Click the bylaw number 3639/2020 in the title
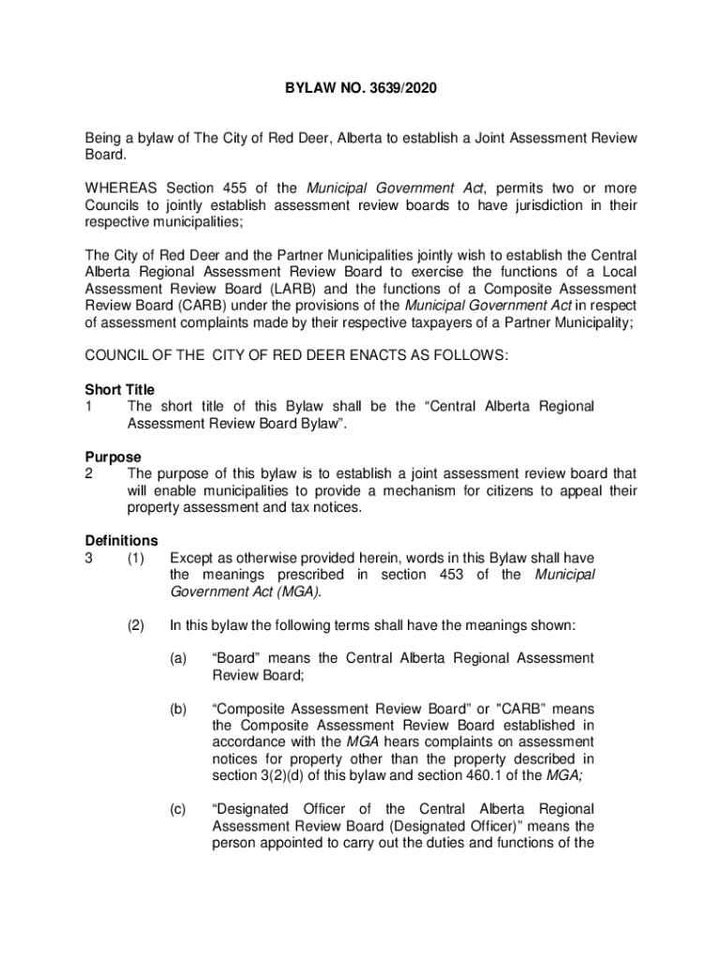coord(404,90)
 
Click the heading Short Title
coord(120,389)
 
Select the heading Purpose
coord(113,457)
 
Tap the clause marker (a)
coord(178,658)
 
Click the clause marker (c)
coord(178,809)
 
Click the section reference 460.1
coord(493,775)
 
